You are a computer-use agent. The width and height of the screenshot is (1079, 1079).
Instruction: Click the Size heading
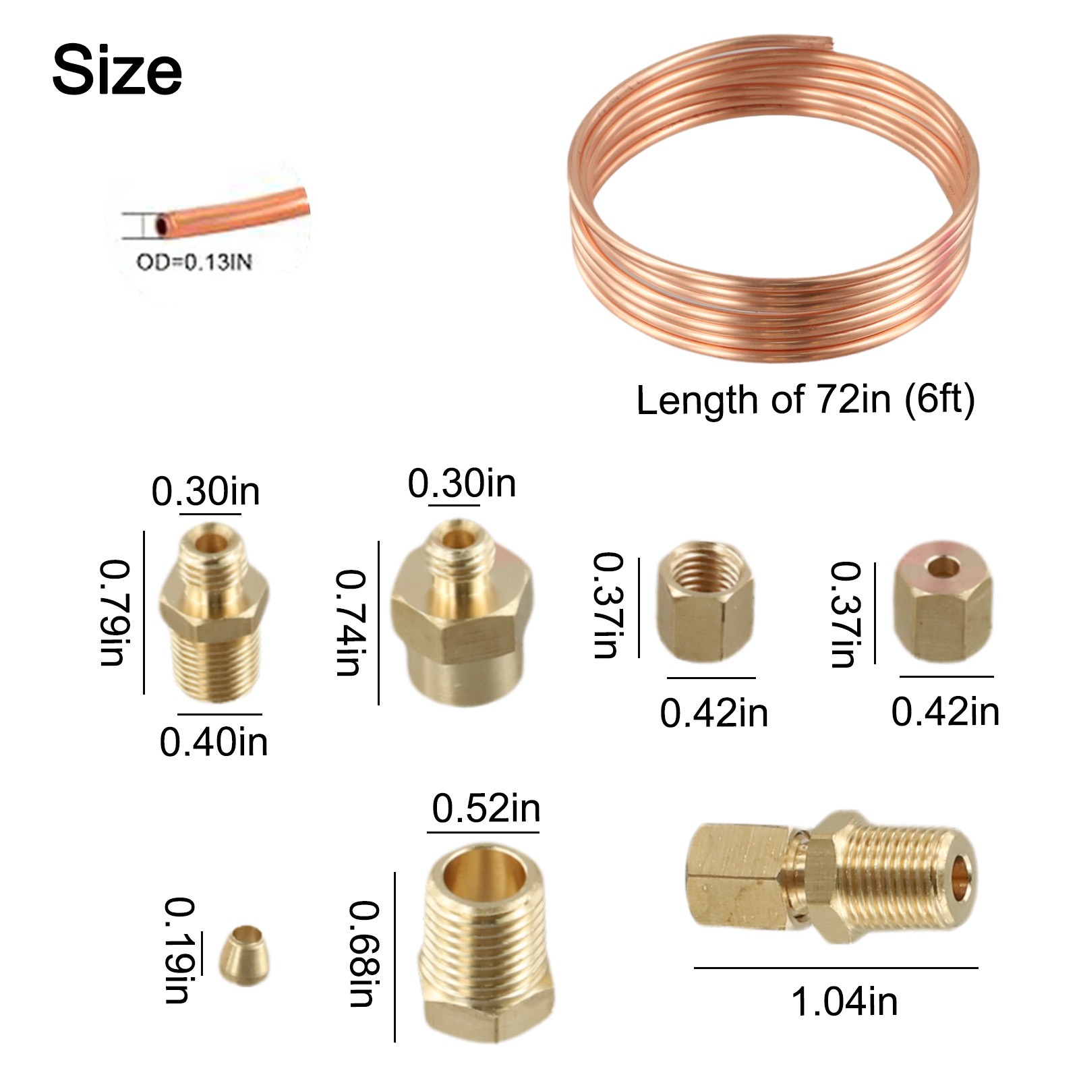117,70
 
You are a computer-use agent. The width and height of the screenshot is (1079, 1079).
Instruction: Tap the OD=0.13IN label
194,262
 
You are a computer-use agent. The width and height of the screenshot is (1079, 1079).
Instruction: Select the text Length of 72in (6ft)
806,401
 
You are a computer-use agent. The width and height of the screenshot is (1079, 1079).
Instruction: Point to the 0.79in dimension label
112,612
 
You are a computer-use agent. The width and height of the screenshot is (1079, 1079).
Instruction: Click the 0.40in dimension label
214,742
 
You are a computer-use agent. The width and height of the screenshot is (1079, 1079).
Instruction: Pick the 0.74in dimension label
349,622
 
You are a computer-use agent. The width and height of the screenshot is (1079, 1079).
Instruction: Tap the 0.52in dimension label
486,809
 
